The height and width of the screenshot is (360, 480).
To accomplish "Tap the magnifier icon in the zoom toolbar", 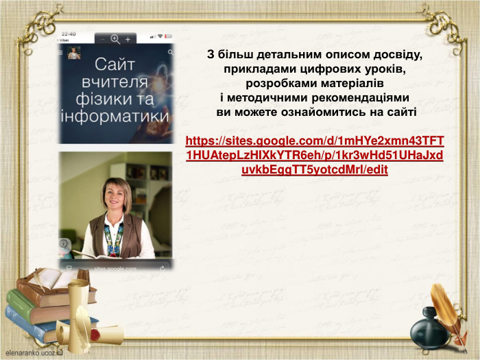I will (115, 39).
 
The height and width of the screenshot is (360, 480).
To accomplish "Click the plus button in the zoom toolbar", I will (128, 39).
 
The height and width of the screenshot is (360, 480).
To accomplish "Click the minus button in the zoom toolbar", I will (103, 39).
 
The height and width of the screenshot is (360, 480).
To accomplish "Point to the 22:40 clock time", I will (69, 34).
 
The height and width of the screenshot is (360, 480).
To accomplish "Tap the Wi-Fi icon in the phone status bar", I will (159, 36).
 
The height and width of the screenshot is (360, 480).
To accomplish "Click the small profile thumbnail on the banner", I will (73, 53).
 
